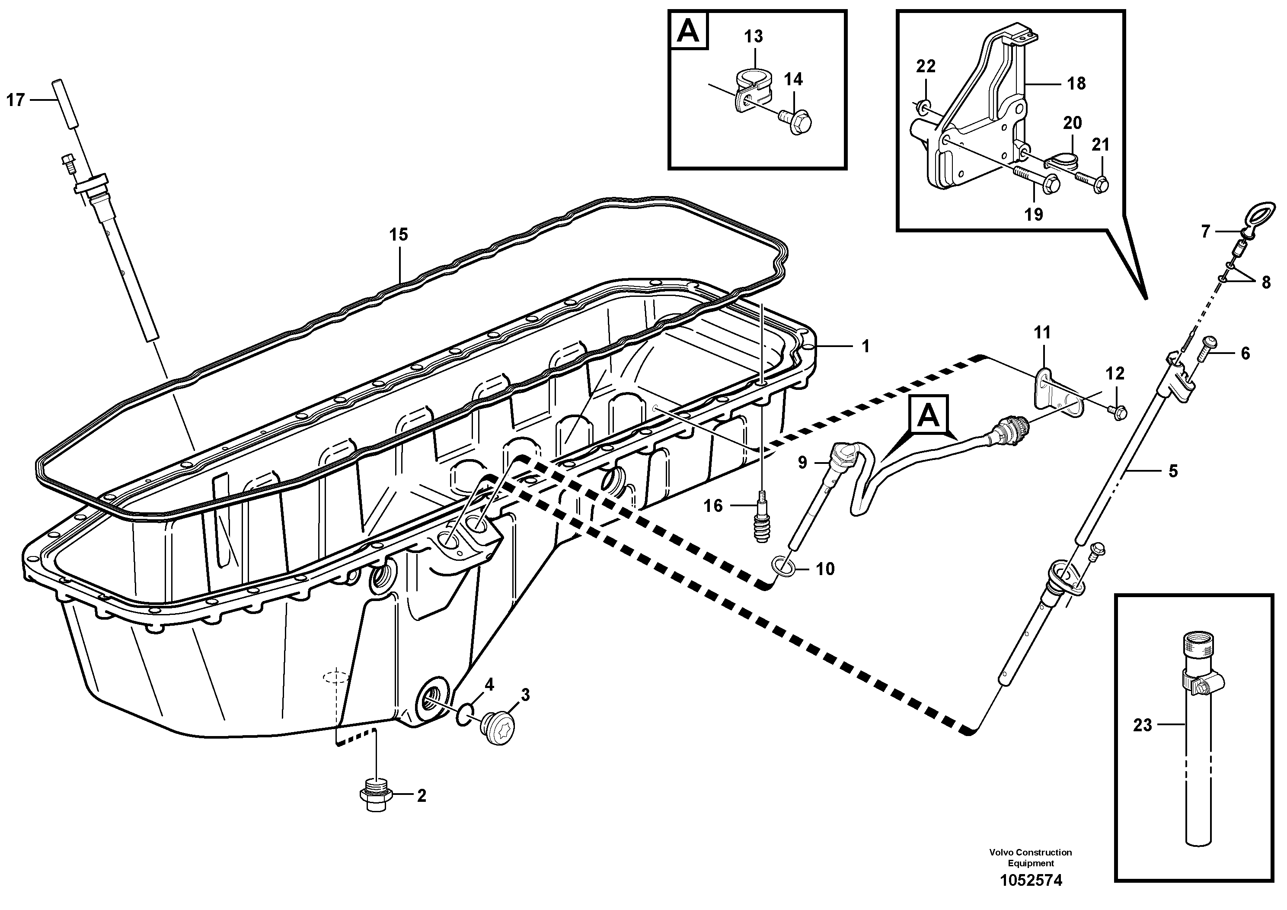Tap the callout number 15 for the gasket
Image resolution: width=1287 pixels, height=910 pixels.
click(x=399, y=235)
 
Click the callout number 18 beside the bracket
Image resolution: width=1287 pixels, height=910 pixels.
click(x=1076, y=84)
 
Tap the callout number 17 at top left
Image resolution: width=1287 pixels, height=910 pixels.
click(x=16, y=100)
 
